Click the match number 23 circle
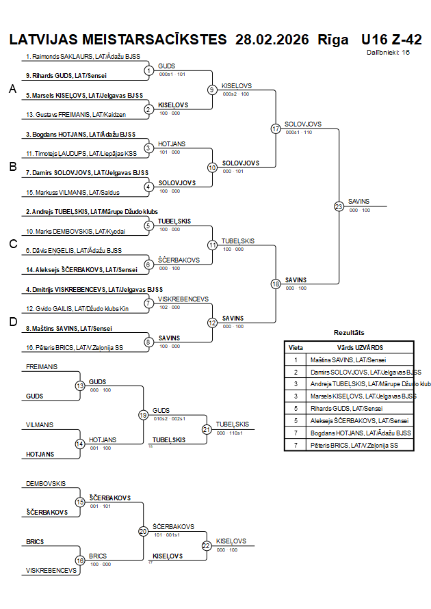[x=339, y=206]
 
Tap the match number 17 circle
[x=276, y=128]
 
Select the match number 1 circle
[x=149, y=70]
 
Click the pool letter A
[x=12, y=89]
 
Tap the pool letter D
[x=12, y=322]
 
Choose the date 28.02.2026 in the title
[x=272, y=39]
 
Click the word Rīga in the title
[x=333, y=39]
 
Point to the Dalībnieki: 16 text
[x=388, y=52]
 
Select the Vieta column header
[x=296, y=347]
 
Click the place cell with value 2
[x=296, y=372]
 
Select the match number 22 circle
[x=207, y=545]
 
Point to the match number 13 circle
[x=80, y=385]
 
